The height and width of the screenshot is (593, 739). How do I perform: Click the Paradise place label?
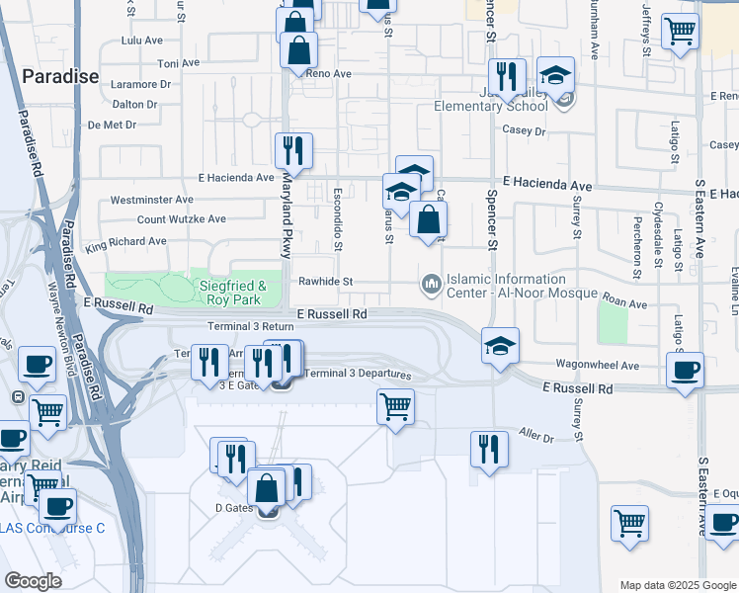(x=60, y=76)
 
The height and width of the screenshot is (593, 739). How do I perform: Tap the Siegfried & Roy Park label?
(x=241, y=292)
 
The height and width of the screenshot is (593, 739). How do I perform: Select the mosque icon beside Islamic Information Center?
(x=431, y=285)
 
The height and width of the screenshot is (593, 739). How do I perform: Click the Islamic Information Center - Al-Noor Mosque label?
(x=523, y=286)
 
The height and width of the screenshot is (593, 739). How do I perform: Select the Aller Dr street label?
(x=536, y=436)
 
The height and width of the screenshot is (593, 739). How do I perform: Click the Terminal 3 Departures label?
(x=357, y=374)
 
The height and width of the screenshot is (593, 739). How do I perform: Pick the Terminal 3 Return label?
(x=251, y=326)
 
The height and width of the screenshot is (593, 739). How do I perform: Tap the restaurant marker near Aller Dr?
(x=489, y=448)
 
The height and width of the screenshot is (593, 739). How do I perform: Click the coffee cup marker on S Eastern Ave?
(x=685, y=370)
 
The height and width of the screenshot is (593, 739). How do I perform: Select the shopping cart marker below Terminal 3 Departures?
(x=396, y=405)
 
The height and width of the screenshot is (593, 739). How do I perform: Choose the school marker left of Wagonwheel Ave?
(x=500, y=346)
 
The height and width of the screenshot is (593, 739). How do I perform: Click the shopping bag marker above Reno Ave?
(x=298, y=49)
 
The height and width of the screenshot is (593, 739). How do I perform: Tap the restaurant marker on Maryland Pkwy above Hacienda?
(x=293, y=150)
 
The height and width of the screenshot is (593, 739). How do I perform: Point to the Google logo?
(x=33, y=581)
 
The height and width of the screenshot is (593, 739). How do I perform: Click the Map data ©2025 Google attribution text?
(x=677, y=585)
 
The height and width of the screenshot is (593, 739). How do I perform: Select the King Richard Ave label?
(x=125, y=241)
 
